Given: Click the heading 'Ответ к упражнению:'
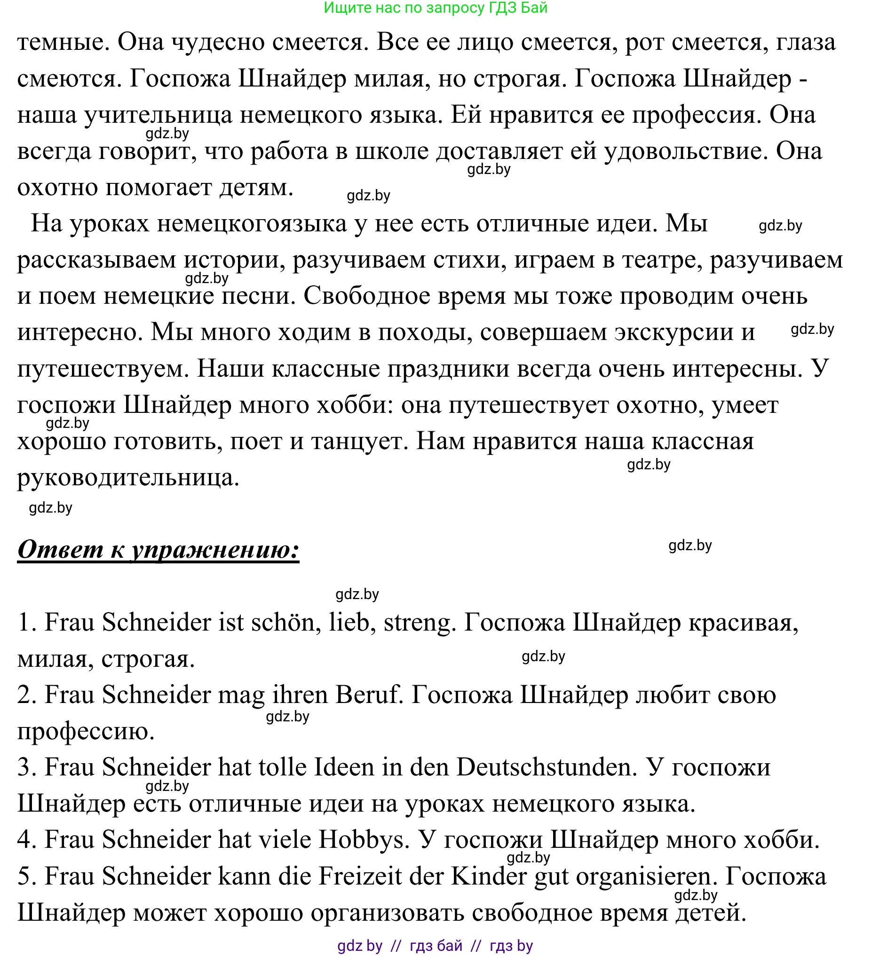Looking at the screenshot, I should [158, 550].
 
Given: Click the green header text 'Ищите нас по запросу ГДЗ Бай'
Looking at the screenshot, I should [436, 8].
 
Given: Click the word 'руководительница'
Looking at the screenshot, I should [128, 478].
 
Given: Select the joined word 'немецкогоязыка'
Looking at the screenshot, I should [252, 224].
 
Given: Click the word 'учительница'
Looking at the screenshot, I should [158, 115].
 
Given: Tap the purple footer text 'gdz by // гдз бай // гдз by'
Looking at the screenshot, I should [435, 946].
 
